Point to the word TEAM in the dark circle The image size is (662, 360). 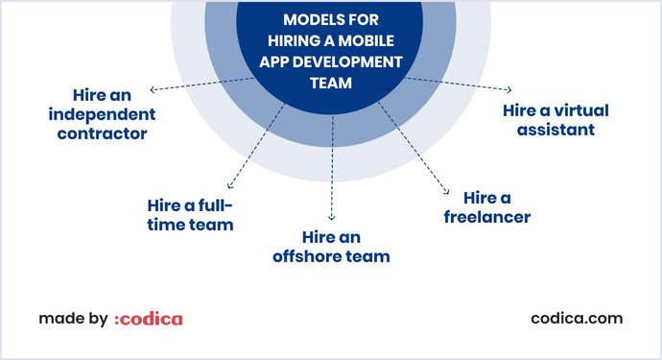[x=330, y=84]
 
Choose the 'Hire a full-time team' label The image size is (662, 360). [x=190, y=215]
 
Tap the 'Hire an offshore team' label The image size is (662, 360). [x=332, y=246]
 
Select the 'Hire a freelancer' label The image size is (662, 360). [x=486, y=206]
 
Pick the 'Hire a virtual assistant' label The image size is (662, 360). [x=556, y=119]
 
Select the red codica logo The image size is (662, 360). [x=148, y=319]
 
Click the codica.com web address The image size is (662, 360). [x=576, y=318]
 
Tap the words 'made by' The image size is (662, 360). [x=73, y=318]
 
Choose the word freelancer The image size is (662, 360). [x=486, y=217]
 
